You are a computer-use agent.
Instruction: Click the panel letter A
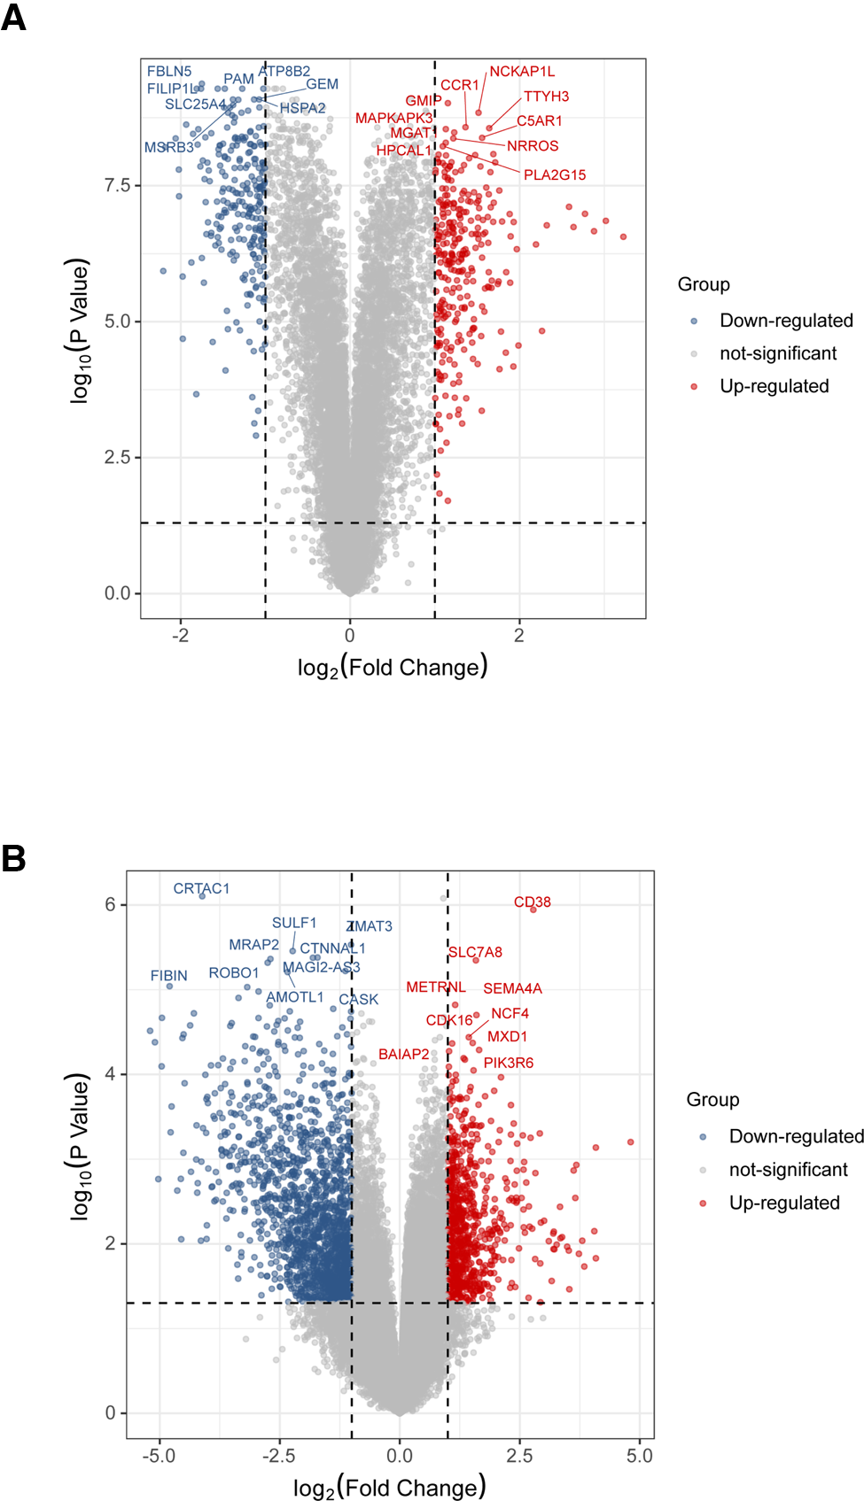pos(13,17)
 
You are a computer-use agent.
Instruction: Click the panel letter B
pos(13,858)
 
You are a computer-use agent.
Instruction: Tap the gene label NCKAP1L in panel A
pos(522,72)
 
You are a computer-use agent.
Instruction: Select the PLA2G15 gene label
pos(554,175)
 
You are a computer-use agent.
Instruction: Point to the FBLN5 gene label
pos(169,72)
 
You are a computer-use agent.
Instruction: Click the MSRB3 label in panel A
pos(168,148)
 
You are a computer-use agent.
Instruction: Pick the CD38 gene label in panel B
pos(533,902)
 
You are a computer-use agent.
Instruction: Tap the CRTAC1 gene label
pos(201,889)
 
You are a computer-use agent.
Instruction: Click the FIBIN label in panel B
pos(168,976)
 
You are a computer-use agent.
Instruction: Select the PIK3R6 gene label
pos(509,1063)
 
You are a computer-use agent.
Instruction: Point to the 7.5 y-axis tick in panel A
pos(117,185)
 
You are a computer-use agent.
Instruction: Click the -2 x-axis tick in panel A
pos(181,636)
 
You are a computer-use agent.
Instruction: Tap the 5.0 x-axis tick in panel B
pos(639,1456)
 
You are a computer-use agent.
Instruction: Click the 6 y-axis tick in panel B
pos(111,904)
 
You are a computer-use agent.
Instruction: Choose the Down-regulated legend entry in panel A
pos(785,321)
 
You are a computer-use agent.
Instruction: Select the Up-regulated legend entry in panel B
pos(783,1203)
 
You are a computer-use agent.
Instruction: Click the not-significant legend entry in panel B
pos(788,1170)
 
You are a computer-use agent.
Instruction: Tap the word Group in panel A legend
pos(704,284)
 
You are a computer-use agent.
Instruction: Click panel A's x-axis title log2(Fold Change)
pos(393,667)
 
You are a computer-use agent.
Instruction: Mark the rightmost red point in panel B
pos(631,1142)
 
